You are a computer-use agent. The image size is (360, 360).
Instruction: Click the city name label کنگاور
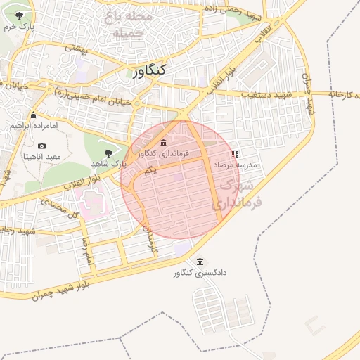coord(148,70)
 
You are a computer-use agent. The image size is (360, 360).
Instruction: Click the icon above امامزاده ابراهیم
coord(32,115)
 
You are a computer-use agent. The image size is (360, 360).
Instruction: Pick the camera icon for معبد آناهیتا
coord(42,146)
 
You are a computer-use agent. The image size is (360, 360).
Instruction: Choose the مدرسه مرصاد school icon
coord(235,153)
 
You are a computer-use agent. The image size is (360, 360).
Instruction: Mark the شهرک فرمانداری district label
coord(239,194)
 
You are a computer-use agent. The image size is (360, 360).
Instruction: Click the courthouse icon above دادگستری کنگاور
coord(200,262)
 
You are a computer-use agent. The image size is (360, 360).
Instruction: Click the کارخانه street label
coord(344,94)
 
